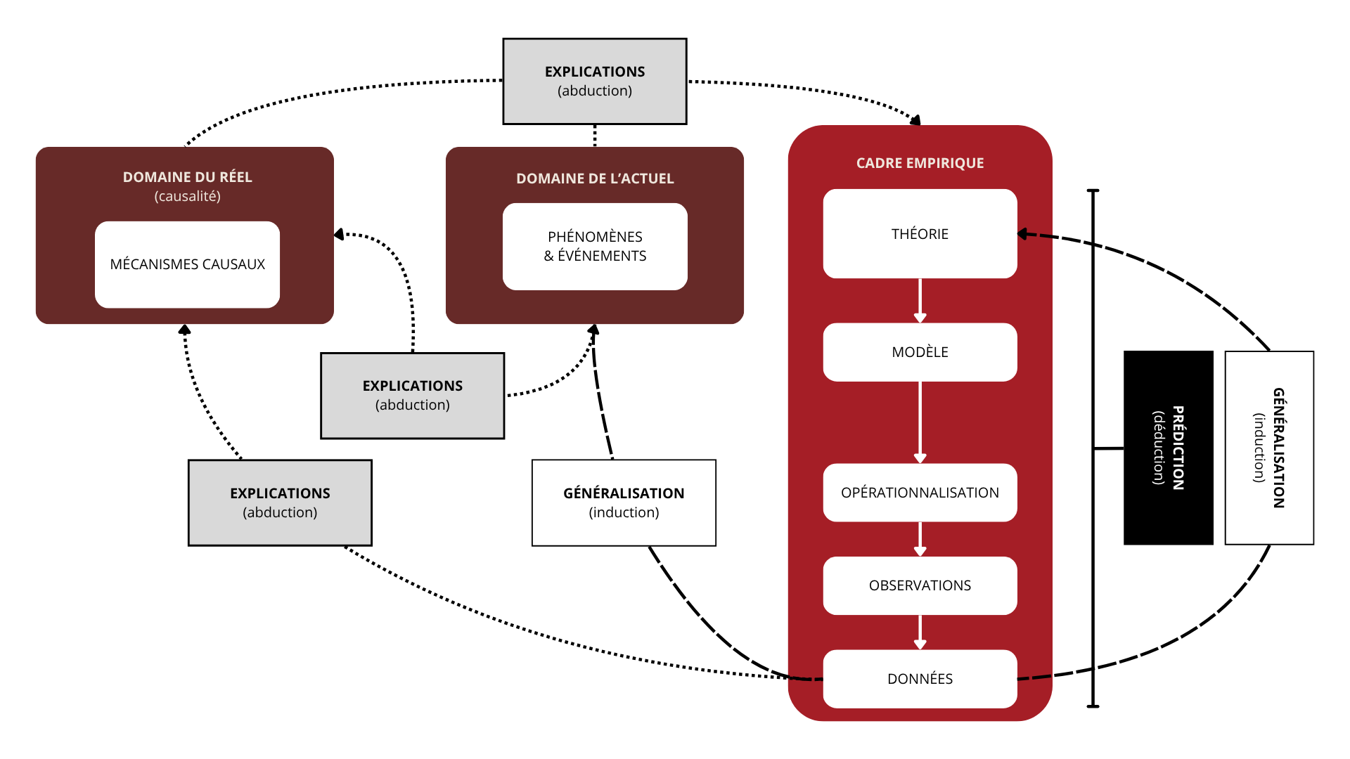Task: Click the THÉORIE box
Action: (x=920, y=234)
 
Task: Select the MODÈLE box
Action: (x=920, y=352)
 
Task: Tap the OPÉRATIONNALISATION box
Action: (x=920, y=493)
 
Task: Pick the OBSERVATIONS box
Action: (x=920, y=585)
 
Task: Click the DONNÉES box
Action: (x=920, y=679)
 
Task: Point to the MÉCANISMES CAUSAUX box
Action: (x=187, y=264)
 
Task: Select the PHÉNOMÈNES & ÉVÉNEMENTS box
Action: (x=595, y=247)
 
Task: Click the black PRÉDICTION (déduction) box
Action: (x=1169, y=448)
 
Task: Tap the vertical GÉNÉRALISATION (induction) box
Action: (x=1269, y=448)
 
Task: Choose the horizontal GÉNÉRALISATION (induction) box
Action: (x=624, y=502)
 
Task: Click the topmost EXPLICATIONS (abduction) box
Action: (x=595, y=82)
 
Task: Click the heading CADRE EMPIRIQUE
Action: (x=920, y=163)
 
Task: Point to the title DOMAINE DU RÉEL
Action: (x=187, y=177)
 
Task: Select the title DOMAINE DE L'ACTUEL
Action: (x=595, y=179)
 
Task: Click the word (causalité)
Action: (x=187, y=196)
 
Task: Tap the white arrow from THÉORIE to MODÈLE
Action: (x=920, y=301)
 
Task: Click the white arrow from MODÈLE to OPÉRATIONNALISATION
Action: (x=920, y=422)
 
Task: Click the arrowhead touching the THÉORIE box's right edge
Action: (x=1023, y=234)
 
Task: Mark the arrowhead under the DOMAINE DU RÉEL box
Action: (x=185, y=329)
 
